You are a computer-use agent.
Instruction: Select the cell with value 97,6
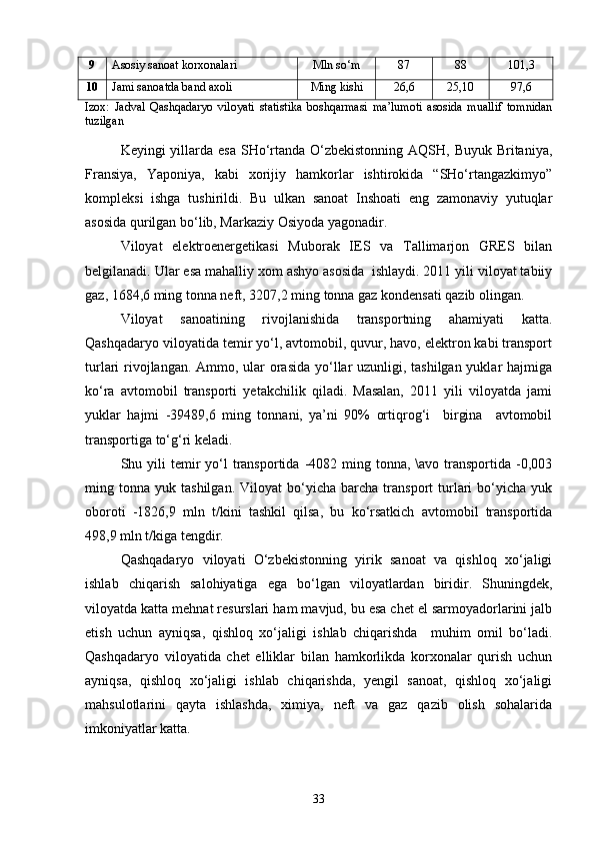pyautogui.click(x=520, y=86)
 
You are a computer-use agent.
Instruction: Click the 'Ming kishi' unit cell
pyautogui.click(x=336, y=86)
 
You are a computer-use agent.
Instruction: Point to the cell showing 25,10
pyautogui.click(x=460, y=86)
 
